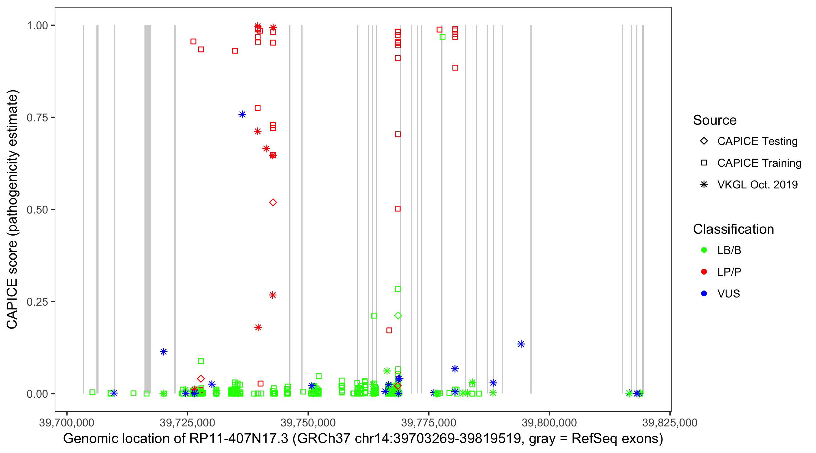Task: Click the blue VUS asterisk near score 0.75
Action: click(242, 114)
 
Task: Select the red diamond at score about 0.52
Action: click(273, 202)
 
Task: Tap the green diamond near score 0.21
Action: click(398, 315)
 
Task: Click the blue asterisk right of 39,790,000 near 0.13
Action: click(521, 344)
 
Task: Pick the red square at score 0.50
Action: click(397, 209)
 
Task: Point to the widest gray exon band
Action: click(147, 209)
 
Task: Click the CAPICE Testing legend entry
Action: click(757, 141)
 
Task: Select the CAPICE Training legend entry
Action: click(759, 163)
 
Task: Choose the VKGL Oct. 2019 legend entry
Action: click(757, 185)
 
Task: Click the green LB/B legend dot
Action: click(704, 250)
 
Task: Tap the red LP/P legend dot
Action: click(704, 271)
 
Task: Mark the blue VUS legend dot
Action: click(704, 294)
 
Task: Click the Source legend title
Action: click(715, 120)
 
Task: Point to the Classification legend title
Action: click(733, 229)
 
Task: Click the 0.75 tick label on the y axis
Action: click(37, 117)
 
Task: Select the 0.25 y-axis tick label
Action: click(37, 302)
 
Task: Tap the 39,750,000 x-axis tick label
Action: click(308, 422)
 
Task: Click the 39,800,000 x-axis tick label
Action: click(549, 422)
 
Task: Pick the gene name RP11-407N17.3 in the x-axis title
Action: click(239, 439)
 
